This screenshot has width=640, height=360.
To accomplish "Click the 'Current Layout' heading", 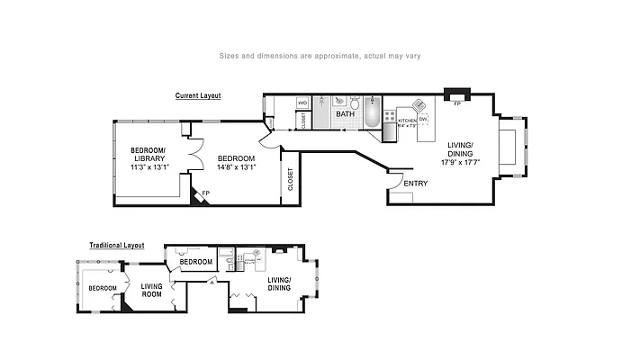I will pyautogui.click(x=197, y=95).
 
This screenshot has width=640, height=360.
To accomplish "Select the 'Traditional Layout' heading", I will pyautogui.click(x=116, y=245).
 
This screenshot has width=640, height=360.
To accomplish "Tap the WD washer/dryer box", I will pyautogui.click(x=303, y=103).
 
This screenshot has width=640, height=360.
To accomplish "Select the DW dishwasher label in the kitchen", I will pyautogui.click(x=422, y=120).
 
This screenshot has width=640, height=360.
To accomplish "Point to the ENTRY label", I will pyautogui.click(x=416, y=184).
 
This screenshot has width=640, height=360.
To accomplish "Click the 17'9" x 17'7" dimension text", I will pyautogui.click(x=459, y=163).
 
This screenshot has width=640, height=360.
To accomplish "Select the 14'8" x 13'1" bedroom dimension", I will pyautogui.click(x=237, y=166).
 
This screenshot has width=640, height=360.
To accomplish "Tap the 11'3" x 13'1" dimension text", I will pyautogui.click(x=150, y=166).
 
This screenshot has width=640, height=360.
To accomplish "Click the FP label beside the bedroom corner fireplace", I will pyautogui.click(x=206, y=193).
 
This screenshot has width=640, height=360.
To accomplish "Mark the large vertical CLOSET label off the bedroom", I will pyautogui.click(x=290, y=180).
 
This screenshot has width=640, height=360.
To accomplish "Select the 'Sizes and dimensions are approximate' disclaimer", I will pyautogui.click(x=320, y=56).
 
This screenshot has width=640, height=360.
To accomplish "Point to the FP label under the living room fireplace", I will pyautogui.click(x=457, y=104).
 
